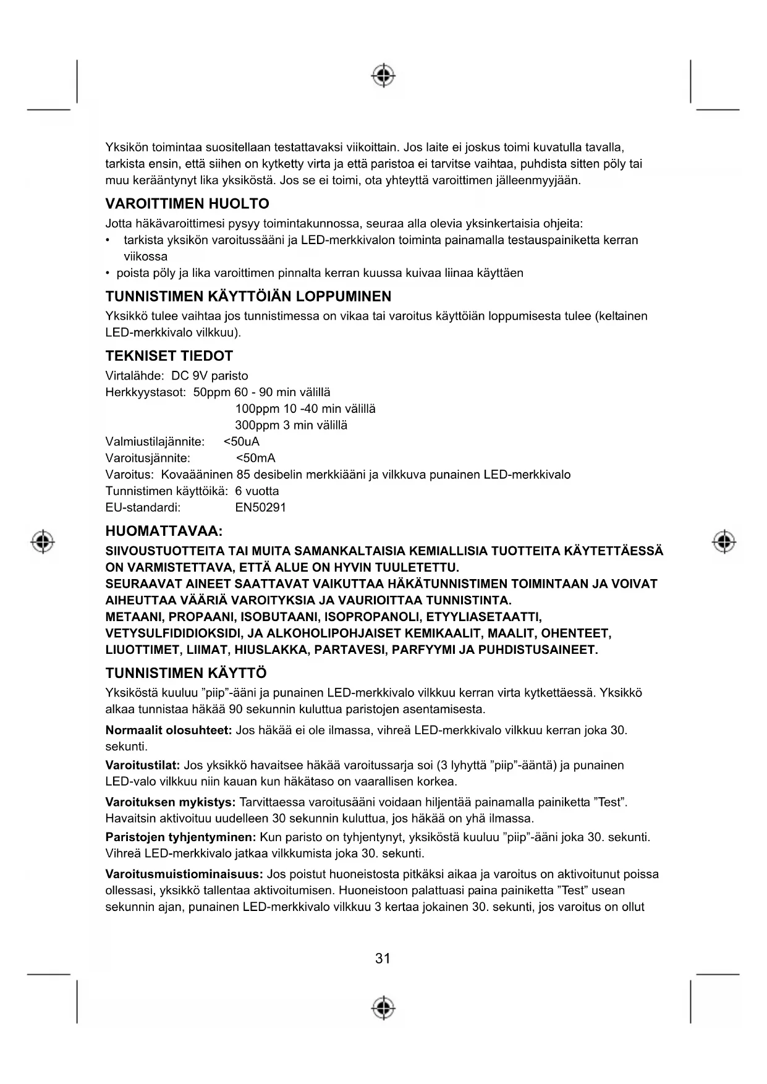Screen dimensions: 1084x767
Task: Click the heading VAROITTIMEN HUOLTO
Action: [x=187, y=204]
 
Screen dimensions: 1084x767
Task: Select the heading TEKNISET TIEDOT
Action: [x=169, y=356]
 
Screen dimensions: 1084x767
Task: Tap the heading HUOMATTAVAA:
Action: [x=164, y=531]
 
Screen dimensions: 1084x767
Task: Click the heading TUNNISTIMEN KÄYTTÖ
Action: [x=186, y=673]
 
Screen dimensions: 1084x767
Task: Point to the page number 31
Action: [x=383, y=959]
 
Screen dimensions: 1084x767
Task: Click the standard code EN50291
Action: [x=260, y=508]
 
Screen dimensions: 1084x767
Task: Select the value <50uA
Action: [x=241, y=442]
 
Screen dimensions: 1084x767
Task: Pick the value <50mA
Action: [x=255, y=459]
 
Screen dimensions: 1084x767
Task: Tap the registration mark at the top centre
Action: [x=383, y=75]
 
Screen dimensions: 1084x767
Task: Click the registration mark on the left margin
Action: [x=43, y=541]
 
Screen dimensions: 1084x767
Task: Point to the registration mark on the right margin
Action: [x=724, y=541]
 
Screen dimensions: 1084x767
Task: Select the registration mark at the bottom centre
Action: [x=383, y=1007]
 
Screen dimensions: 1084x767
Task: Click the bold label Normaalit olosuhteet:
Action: [x=168, y=730]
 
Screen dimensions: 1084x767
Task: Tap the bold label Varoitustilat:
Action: [x=142, y=766]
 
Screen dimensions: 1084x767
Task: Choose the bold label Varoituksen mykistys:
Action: [x=170, y=803]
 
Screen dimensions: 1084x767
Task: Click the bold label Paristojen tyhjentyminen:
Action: [x=180, y=837]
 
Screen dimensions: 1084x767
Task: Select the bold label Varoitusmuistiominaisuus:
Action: [x=184, y=874]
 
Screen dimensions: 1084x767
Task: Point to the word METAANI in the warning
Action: [x=133, y=617]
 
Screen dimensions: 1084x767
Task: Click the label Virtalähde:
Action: [x=134, y=376]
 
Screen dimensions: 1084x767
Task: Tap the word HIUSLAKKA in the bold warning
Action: [x=272, y=651]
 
